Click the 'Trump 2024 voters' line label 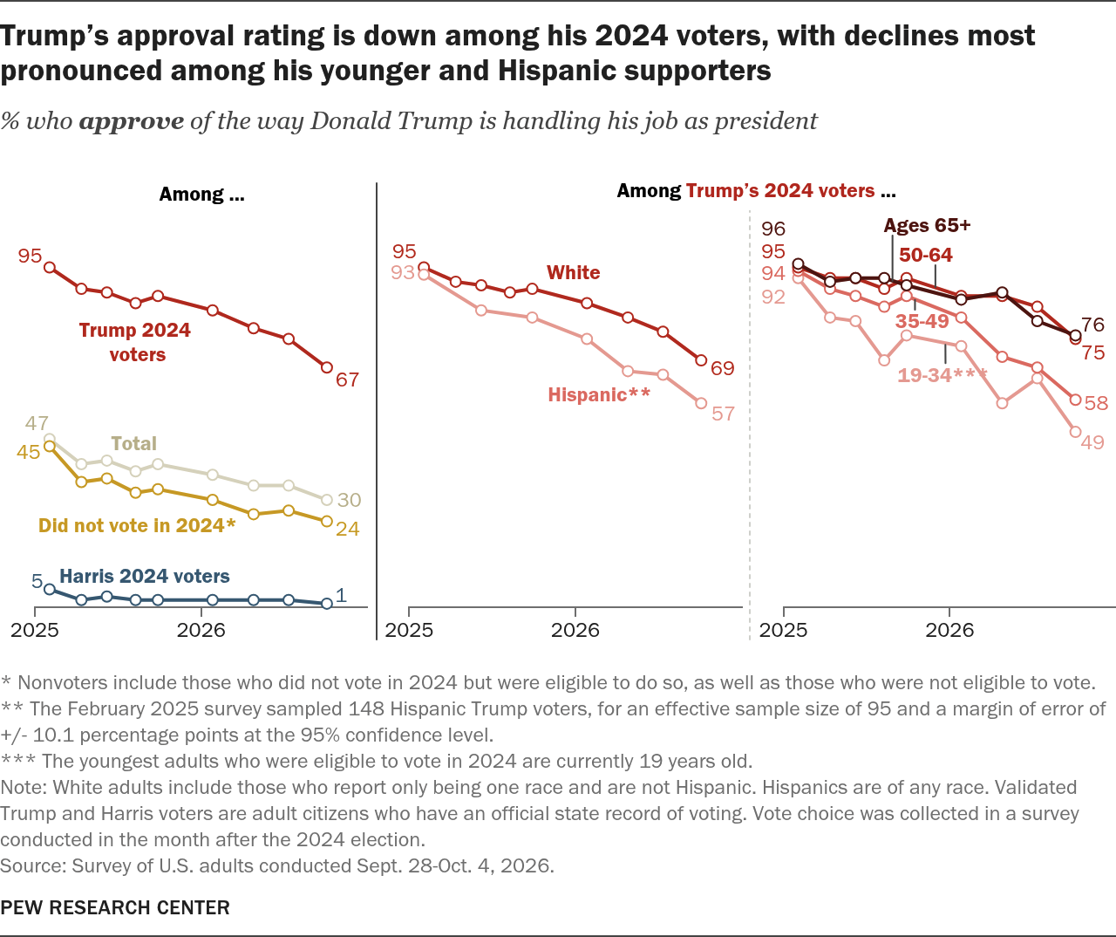coord(135,342)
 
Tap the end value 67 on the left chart coord(347,380)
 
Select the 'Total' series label coord(133,443)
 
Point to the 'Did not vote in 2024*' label coord(137,525)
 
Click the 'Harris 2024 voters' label coord(145,576)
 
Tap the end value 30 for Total coord(350,500)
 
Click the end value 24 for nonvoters coord(347,529)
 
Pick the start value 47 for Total coord(37,424)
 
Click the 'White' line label coord(573,273)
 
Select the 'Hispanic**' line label coord(599,395)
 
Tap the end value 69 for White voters coord(723,368)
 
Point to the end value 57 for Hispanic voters coord(723,414)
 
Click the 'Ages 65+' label coord(927,225)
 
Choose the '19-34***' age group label coord(942,375)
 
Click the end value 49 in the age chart coord(1092,443)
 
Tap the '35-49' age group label coord(922,321)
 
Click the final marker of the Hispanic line coord(701,403)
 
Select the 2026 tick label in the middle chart coord(575,630)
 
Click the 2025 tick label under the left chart coord(35,630)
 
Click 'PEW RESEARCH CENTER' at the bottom coord(115,907)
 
